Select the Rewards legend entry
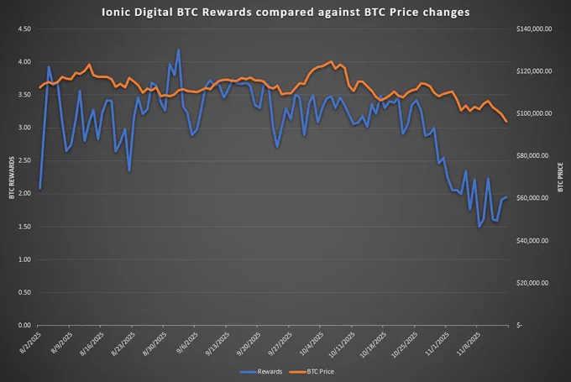click(261, 372)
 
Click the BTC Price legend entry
click(312, 372)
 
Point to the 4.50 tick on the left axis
click(24, 29)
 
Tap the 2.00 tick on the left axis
click(24, 193)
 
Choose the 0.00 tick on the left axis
click(24, 325)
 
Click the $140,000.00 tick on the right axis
click(534, 29)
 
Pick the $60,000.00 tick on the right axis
click(532, 198)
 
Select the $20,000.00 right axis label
click(532, 283)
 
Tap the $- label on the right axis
click(519, 325)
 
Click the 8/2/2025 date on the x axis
click(30, 343)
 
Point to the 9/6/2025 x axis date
click(187, 343)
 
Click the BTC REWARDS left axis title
click(12, 178)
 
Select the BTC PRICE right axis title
click(560, 177)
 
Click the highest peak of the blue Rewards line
click(178, 50)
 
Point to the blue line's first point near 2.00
click(39, 188)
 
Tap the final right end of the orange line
click(506, 122)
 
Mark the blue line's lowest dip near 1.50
click(479, 227)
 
